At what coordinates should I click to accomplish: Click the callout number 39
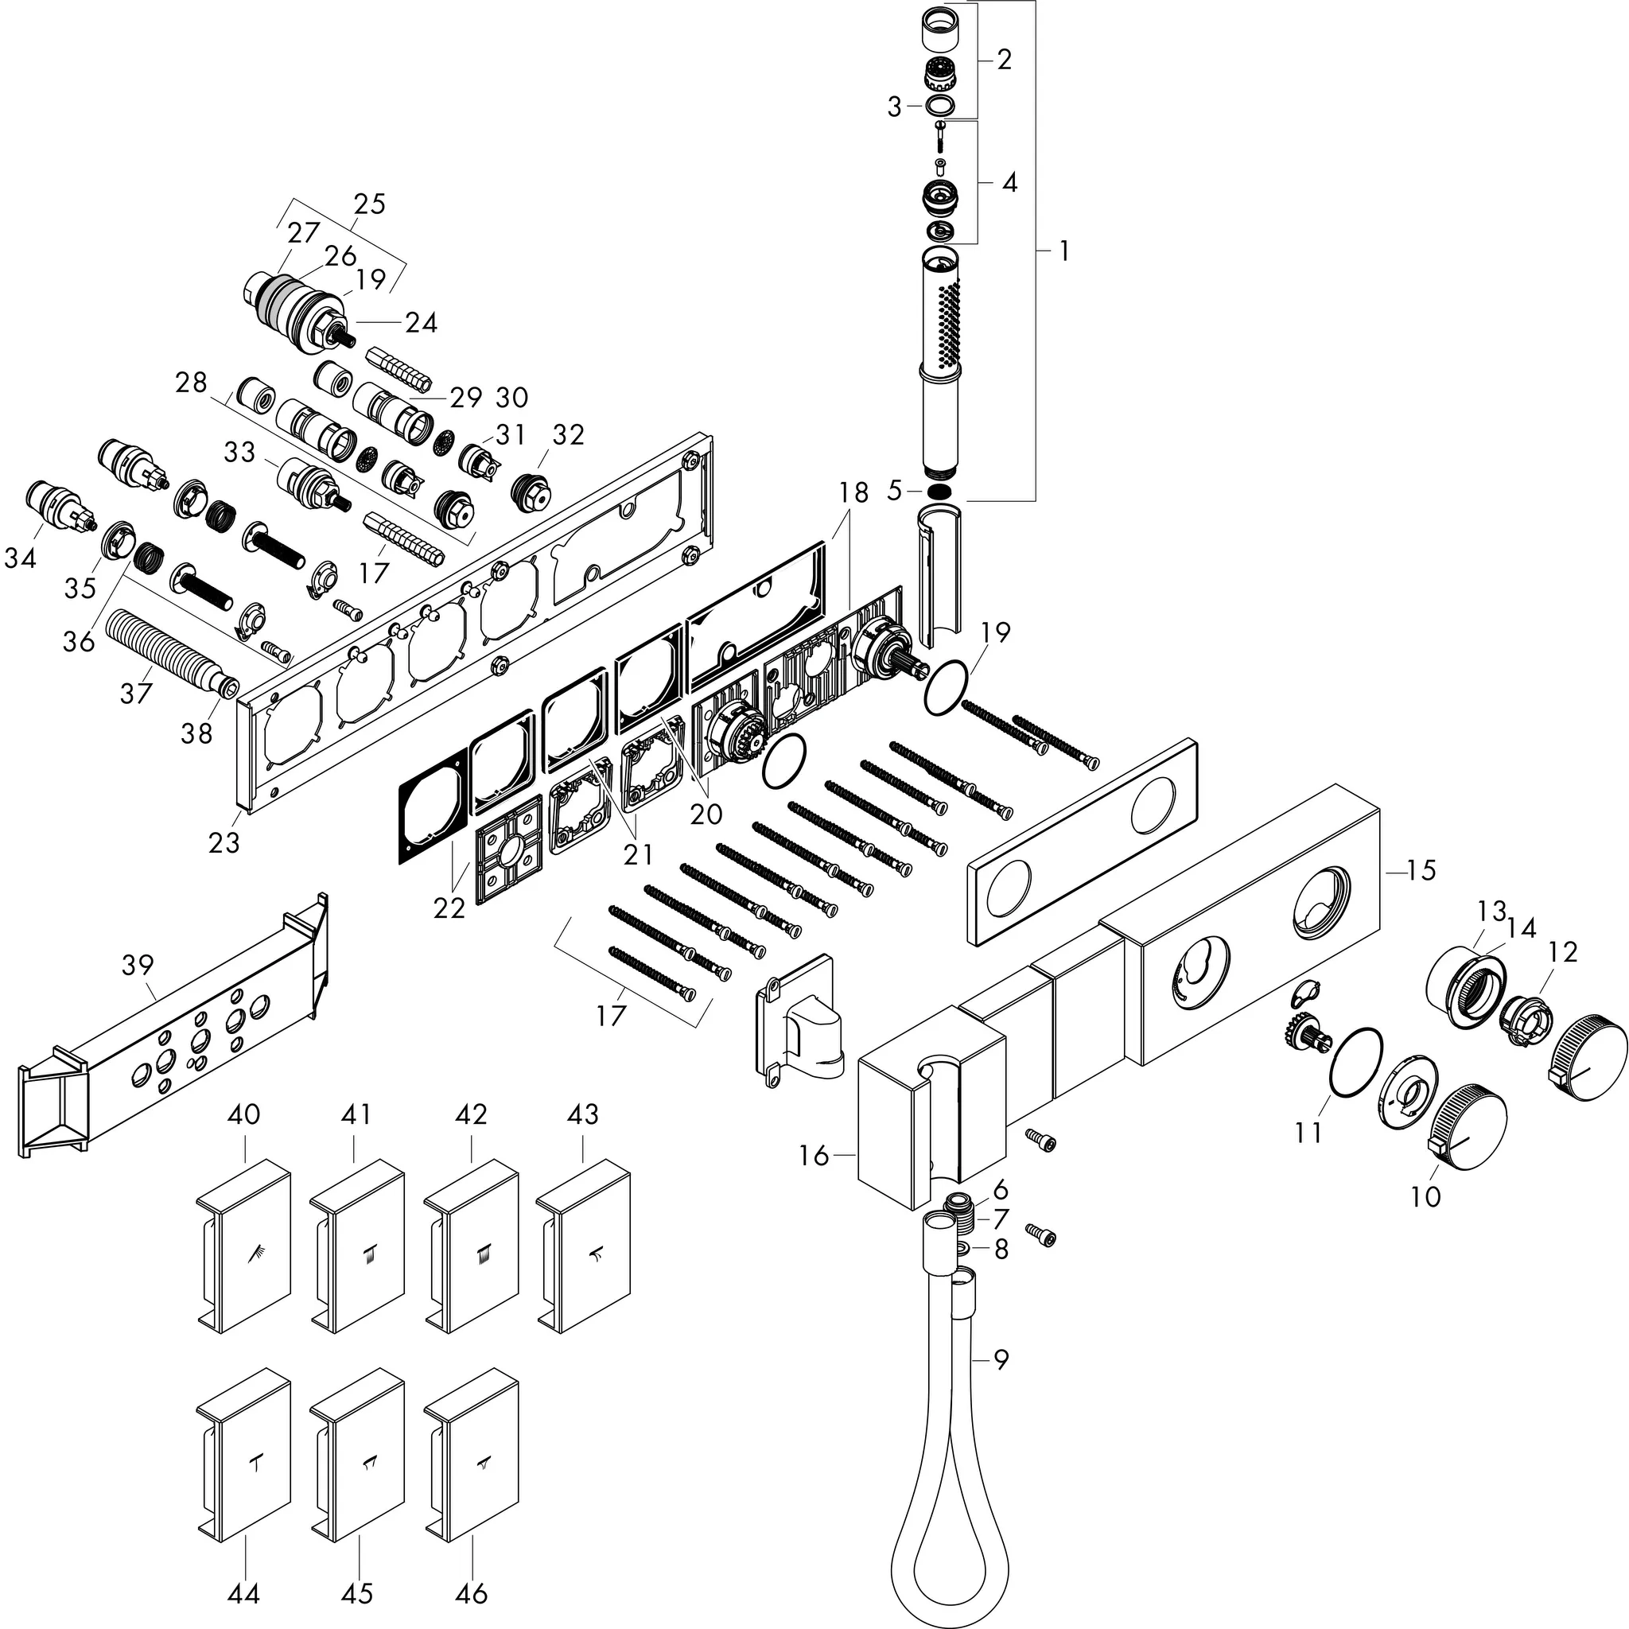click(138, 965)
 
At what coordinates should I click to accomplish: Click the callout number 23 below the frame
click(224, 842)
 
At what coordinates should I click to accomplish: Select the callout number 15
click(1421, 870)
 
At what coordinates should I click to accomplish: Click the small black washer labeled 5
click(943, 491)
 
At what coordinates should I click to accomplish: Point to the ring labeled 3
click(940, 107)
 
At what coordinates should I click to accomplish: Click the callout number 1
click(1064, 251)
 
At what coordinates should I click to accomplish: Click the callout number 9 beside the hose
click(1000, 1360)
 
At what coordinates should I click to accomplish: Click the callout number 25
click(369, 204)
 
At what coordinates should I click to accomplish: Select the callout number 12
click(1562, 952)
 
